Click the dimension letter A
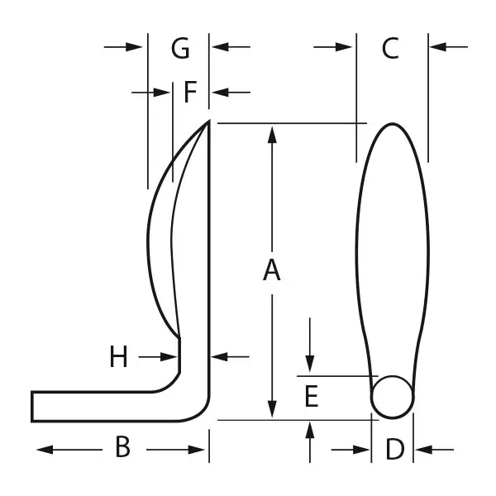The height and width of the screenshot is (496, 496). (272, 269)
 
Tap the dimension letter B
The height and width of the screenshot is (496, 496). (123, 446)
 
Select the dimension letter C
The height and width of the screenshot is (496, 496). (390, 48)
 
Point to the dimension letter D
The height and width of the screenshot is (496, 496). (395, 449)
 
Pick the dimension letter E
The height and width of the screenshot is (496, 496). (312, 396)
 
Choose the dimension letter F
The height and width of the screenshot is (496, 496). (190, 92)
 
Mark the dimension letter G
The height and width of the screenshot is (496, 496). (180, 48)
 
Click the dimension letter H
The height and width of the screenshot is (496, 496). (118, 356)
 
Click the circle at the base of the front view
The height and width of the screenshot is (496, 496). (392, 397)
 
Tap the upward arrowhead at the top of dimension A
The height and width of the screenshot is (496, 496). (272, 134)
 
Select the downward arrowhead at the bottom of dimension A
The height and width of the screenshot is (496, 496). (272, 409)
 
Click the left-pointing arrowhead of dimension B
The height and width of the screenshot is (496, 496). (45, 450)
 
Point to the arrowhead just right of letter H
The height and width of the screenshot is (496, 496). (169, 357)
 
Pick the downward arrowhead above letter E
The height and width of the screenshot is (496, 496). (310, 364)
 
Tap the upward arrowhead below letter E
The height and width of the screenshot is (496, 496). (310, 430)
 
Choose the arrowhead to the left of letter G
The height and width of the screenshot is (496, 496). (134, 47)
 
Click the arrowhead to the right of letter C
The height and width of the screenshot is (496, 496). (438, 47)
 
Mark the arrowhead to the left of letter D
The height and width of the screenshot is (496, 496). (361, 450)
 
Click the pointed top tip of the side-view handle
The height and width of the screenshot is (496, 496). (209, 121)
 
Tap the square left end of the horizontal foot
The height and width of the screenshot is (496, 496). (32, 407)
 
